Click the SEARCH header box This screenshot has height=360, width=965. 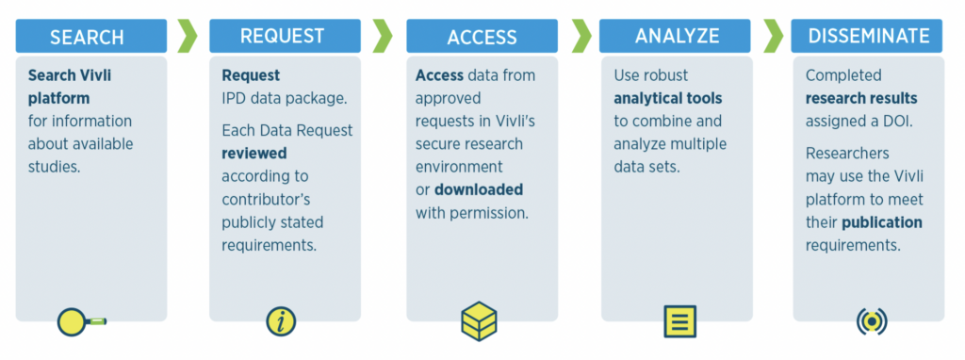tap(87, 37)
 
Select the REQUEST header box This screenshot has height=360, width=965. tap(282, 36)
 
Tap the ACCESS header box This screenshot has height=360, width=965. tap(482, 37)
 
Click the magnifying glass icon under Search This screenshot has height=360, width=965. tap(80, 321)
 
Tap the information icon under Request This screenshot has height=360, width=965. tap(281, 321)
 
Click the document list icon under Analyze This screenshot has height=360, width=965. tap(679, 320)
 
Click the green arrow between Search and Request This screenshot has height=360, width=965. tap(188, 36)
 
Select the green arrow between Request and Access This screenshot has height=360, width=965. tap(383, 36)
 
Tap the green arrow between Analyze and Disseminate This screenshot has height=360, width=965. tap(773, 36)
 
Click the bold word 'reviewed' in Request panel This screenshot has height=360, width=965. tap(254, 153)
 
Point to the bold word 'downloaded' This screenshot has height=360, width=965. tap(478, 189)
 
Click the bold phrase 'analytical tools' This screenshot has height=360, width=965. tap(667, 98)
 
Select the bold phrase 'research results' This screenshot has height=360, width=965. tap(860, 98)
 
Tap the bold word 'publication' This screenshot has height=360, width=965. tap(881, 222)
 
